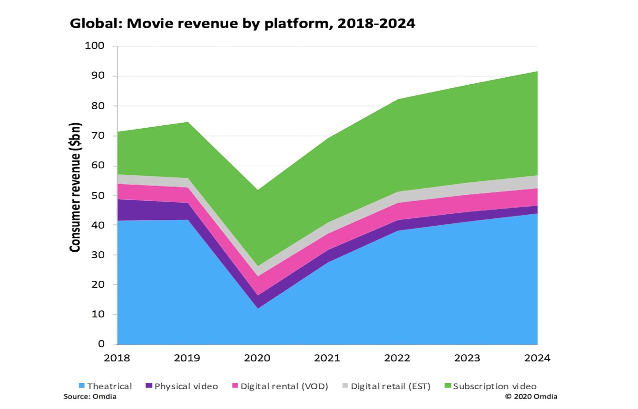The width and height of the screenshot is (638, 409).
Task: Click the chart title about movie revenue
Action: tap(242, 23)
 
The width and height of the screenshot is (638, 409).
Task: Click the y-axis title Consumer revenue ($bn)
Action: tap(75, 187)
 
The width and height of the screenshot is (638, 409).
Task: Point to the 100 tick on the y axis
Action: tap(95, 46)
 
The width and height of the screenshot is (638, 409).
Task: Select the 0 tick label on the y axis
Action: tap(101, 344)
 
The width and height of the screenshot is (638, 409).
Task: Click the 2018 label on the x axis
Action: tap(117, 358)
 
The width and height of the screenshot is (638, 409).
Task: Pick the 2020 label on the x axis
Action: tap(257, 358)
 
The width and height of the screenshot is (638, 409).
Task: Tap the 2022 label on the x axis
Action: tap(397, 358)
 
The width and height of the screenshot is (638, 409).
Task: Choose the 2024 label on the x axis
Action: tap(537, 358)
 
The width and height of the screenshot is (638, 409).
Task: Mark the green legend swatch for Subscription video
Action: tap(447, 386)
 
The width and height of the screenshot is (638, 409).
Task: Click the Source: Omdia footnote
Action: tap(90, 397)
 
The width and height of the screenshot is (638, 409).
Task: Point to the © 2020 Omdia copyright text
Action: tap(531, 397)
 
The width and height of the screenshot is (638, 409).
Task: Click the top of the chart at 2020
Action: tap(257, 190)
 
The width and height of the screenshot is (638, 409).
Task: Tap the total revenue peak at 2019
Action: tap(187, 122)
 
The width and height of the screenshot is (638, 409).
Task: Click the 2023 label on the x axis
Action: tap(467, 358)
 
